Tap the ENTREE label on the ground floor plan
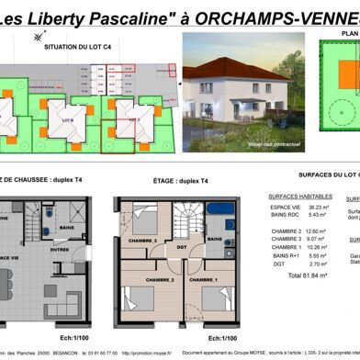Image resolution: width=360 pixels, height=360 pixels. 60,249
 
